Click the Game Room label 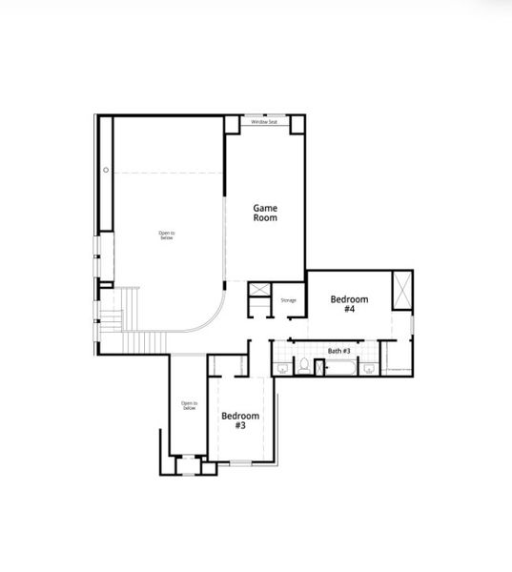click(x=265, y=212)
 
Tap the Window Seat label click(x=265, y=122)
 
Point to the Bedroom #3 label click(x=240, y=420)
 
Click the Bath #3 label click(x=340, y=351)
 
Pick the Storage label click(x=288, y=300)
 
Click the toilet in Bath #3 click(x=302, y=367)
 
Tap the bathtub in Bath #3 click(x=340, y=368)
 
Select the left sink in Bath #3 click(x=281, y=368)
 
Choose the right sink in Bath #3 click(x=368, y=368)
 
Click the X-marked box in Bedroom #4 click(x=401, y=290)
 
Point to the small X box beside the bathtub click(x=318, y=368)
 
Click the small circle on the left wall click(x=106, y=170)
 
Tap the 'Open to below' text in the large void click(x=167, y=235)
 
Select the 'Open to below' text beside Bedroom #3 click(x=189, y=405)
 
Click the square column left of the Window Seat click(x=232, y=124)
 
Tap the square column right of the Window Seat click(x=297, y=124)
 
